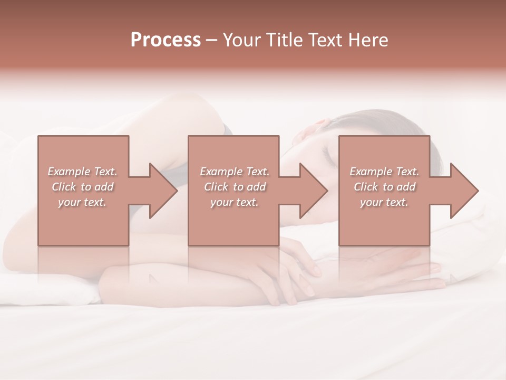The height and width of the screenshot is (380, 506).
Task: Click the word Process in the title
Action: [166, 40]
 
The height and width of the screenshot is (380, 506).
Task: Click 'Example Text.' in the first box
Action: [83, 172]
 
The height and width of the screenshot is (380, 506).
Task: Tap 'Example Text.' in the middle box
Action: [235, 172]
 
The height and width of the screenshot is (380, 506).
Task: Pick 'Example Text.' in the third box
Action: [384, 172]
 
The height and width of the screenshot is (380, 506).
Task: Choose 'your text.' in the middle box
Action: [234, 202]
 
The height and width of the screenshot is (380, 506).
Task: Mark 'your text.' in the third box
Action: [384, 202]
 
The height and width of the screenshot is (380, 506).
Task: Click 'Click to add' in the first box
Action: [83, 187]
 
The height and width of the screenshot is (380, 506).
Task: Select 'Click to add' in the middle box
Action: [235, 187]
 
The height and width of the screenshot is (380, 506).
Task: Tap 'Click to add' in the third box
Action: [385, 187]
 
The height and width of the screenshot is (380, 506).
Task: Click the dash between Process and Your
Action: [212, 41]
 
